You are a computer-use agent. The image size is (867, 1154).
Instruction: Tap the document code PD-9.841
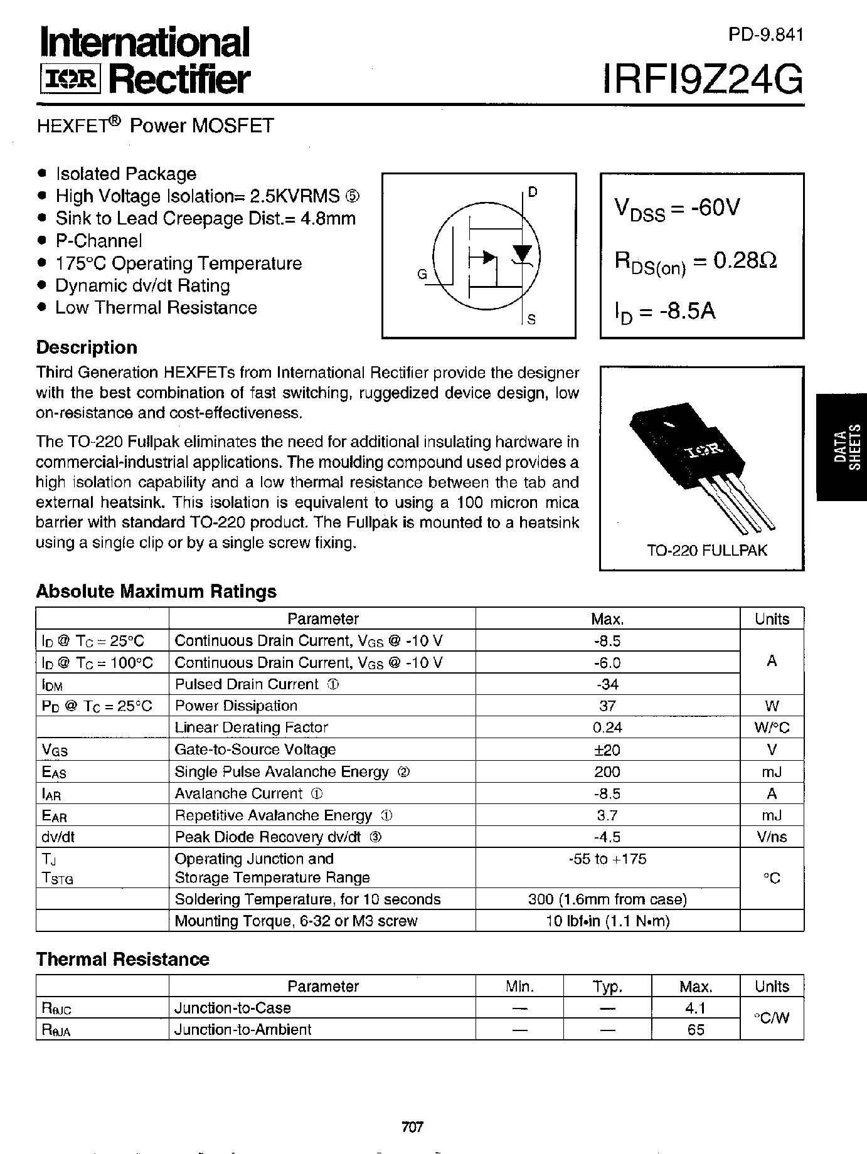[x=765, y=35]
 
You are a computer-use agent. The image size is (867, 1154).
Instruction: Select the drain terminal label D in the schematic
[x=533, y=192]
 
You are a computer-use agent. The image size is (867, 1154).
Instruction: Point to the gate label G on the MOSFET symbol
[x=422, y=274]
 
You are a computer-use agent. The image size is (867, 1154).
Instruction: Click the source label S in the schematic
[x=531, y=320]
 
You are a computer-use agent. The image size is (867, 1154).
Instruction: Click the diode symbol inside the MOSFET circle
[x=522, y=252]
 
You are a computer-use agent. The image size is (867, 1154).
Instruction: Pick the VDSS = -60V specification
[x=678, y=208]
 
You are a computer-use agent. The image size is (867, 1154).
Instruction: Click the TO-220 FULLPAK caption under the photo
[x=707, y=551]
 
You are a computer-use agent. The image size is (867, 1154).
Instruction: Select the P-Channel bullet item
[x=98, y=241]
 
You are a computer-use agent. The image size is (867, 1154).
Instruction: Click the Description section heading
[x=87, y=347]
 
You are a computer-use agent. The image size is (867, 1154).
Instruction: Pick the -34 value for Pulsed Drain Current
[x=607, y=684]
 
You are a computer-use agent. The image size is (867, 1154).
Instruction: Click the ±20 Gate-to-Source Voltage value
[x=607, y=750]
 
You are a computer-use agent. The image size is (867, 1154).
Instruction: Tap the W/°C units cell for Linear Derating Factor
[x=772, y=728]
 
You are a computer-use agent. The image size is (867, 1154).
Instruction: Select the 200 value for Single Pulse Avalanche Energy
[x=607, y=772]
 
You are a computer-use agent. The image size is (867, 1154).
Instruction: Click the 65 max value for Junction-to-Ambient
[x=696, y=1030]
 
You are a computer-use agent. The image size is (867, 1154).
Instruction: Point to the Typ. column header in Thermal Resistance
[x=607, y=987]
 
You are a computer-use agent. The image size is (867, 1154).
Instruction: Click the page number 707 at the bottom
[x=413, y=1127]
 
